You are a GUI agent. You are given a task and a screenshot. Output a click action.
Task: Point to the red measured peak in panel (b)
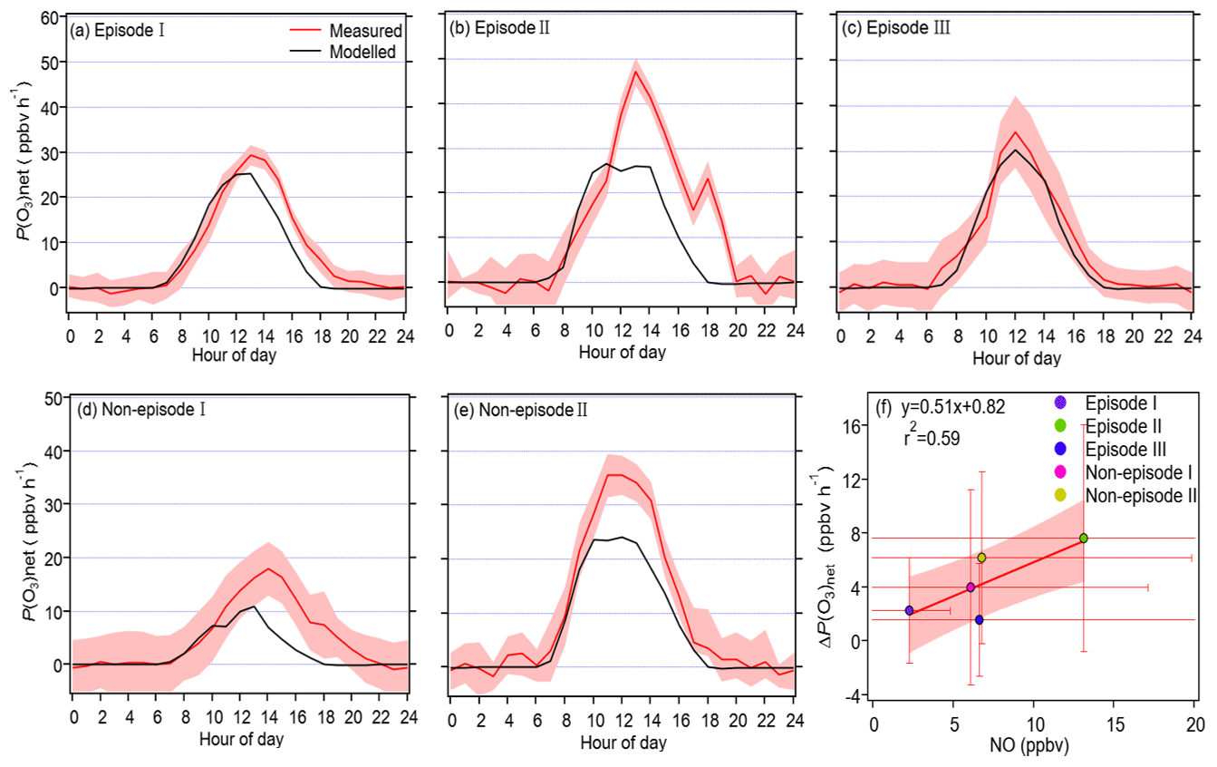coord(636,71)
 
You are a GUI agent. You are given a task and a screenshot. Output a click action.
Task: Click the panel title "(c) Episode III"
coord(885,27)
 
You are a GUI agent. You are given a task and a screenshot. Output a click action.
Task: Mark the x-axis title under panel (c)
coord(1017,359)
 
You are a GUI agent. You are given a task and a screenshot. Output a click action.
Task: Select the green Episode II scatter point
coord(1083,539)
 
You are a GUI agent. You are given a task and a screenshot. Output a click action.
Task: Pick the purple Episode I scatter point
coord(909,611)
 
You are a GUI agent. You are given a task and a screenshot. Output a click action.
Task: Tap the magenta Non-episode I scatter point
coord(971,587)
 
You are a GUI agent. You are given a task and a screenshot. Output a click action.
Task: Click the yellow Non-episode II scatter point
coord(981,558)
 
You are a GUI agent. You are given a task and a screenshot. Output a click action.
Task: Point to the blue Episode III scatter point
coord(979,620)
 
